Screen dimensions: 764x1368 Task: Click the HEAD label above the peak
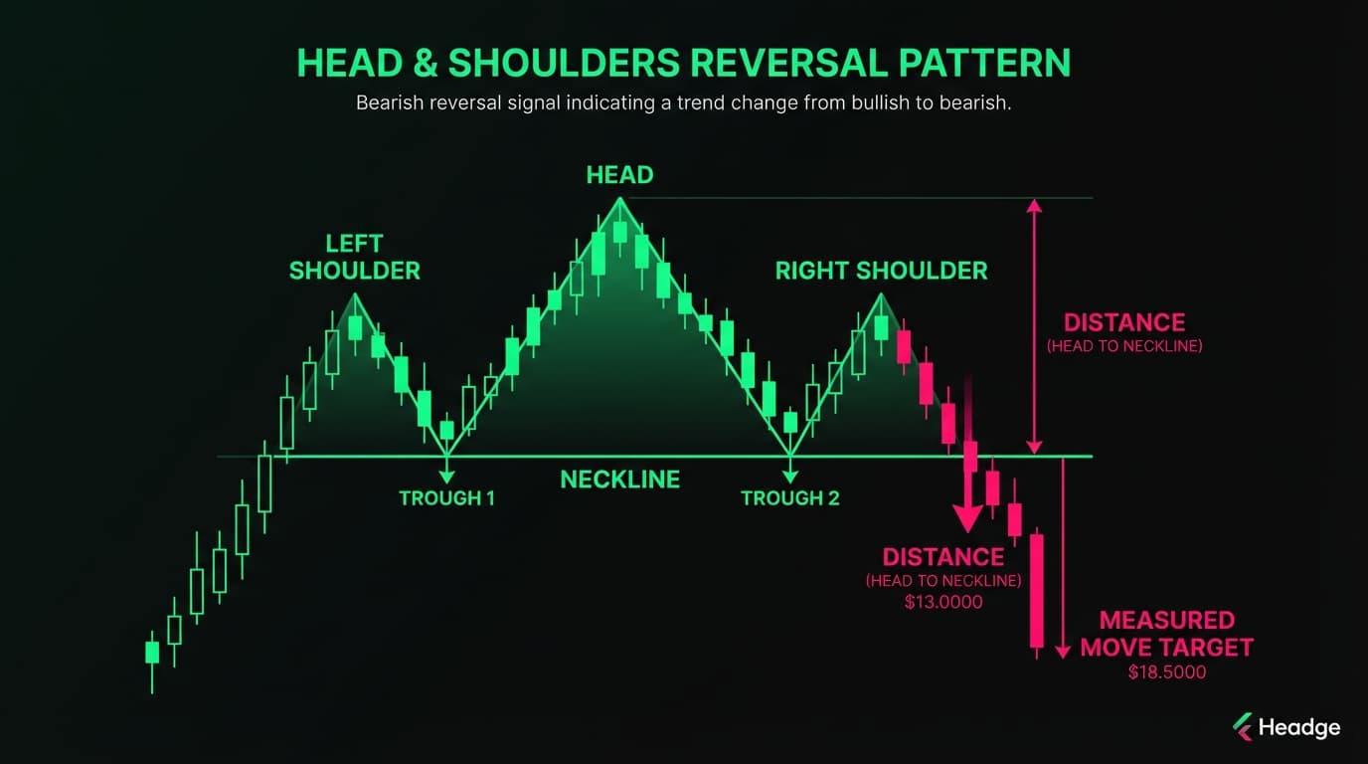click(x=619, y=175)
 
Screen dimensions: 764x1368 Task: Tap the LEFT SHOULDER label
click(x=354, y=257)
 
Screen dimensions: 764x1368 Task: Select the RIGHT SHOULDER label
click(x=881, y=270)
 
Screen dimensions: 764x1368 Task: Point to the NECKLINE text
click(x=619, y=479)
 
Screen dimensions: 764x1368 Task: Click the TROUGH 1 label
click(x=446, y=498)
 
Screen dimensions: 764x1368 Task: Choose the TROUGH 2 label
click(x=789, y=498)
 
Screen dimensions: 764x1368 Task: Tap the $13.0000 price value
click(x=942, y=602)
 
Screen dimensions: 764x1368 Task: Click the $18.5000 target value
click(x=1166, y=672)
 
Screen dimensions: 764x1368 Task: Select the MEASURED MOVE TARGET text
click(x=1166, y=634)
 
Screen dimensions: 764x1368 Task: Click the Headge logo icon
click(x=1242, y=727)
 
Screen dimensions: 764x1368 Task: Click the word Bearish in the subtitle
click(x=389, y=103)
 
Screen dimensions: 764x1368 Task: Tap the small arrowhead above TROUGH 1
click(x=446, y=477)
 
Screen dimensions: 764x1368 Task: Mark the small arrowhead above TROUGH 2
click(x=789, y=477)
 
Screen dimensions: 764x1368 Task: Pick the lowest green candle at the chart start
click(x=152, y=652)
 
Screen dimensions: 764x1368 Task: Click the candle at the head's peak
click(x=620, y=231)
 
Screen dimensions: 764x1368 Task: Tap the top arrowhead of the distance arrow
click(x=1034, y=206)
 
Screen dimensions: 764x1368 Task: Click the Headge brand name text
click(x=1298, y=727)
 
